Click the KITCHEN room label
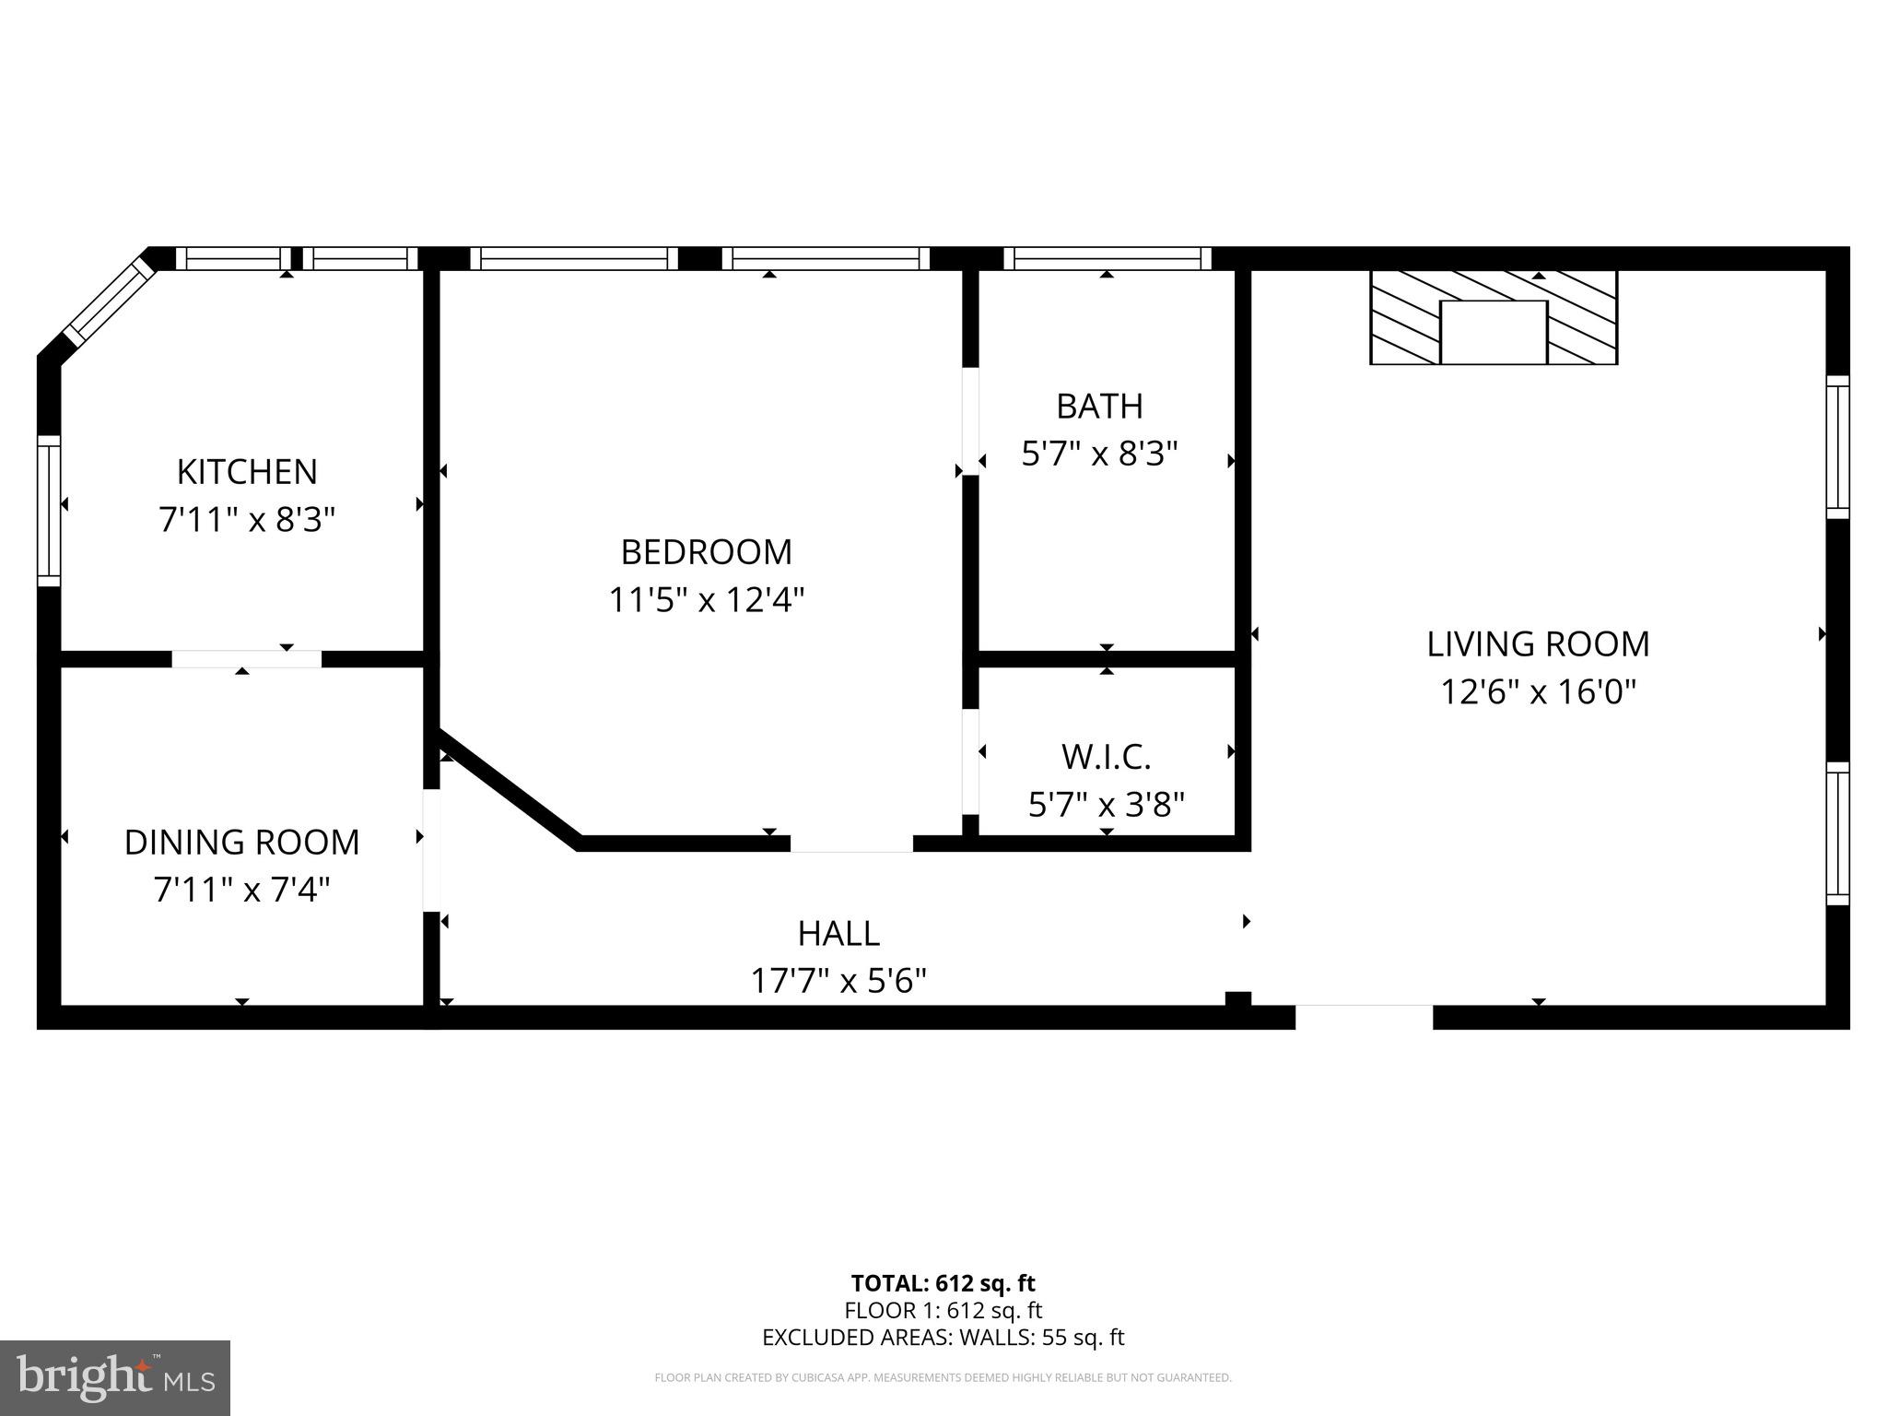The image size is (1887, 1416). click(247, 471)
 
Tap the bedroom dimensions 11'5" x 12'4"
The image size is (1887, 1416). click(707, 600)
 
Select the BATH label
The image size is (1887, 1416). click(1099, 406)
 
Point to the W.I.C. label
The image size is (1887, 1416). click(1106, 757)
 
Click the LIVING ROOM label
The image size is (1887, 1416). click(1538, 643)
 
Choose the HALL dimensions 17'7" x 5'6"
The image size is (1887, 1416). click(838, 981)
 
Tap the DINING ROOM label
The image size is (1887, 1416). click(241, 842)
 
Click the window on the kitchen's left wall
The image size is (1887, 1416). click(49, 510)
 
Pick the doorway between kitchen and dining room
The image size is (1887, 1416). click(246, 658)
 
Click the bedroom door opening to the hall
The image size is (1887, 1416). click(851, 844)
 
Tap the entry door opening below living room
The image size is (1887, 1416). click(1364, 1016)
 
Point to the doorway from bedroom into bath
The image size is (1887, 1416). click(969, 421)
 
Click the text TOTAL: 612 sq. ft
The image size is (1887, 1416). click(943, 1283)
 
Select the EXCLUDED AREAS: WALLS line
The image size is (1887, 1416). click(943, 1338)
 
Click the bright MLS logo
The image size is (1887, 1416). click(115, 1377)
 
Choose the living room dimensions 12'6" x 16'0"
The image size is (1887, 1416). click(1538, 691)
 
